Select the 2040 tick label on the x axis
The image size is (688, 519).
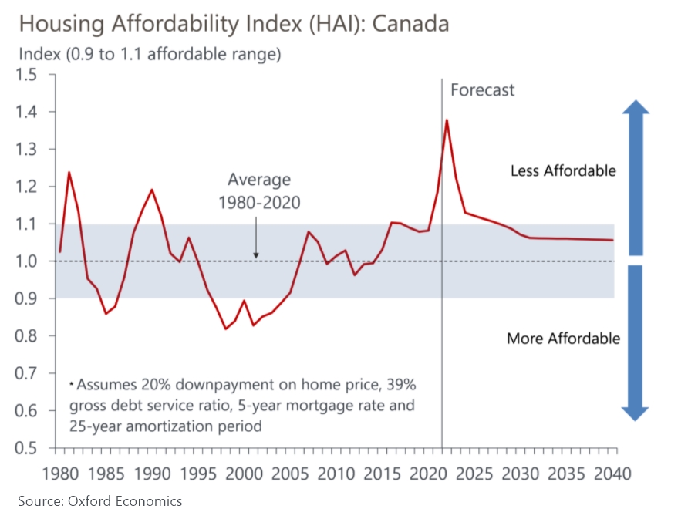pyautogui.click(x=614, y=472)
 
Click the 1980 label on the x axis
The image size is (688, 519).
pyautogui.click(x=59, y=472)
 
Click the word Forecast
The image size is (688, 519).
pyautogui.click(x=482, y=90)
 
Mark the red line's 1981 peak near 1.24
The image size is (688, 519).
pyautogui.click(x=69, y=172)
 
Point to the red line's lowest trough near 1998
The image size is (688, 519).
pyautogui.click(x=226, y=329)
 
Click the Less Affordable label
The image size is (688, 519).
pyautogui.click(x=563, y=170)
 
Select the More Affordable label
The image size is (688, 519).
pyautogui.click(x=563, y=338)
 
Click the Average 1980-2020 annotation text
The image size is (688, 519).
pyautogui.click(x=259, y=190)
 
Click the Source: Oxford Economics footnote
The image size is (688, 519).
pyautogui.click(x=100, y=501)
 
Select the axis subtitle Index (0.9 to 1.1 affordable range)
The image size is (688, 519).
pyautogui.click(x=149, y=55)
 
